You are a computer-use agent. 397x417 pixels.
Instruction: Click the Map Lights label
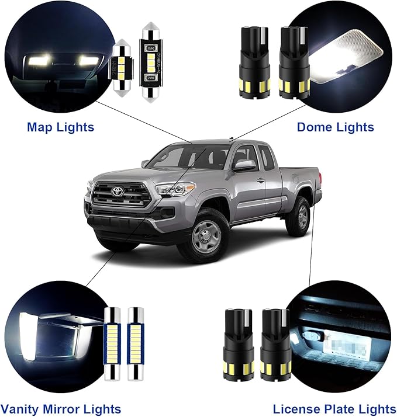click(60, 127)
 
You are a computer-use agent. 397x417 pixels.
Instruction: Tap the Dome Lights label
click(335, 127)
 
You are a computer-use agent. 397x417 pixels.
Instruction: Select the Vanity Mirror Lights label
click(61, 409)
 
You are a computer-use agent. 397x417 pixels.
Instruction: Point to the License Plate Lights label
click(334, 409)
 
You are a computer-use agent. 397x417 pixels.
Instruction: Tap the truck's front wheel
click(206, 235)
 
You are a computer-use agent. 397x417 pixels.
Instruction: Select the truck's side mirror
click(244, 165)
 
